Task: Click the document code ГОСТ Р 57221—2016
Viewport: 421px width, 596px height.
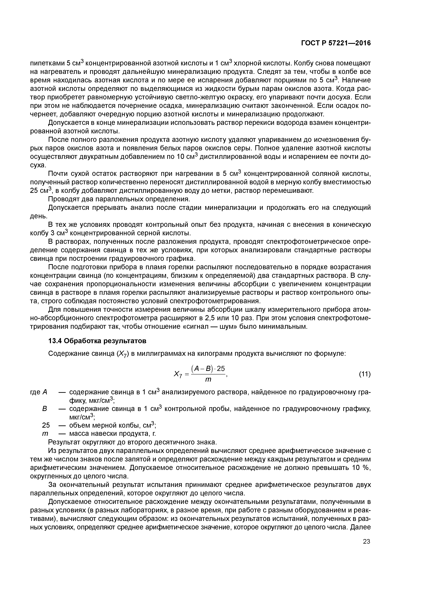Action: coord(336,43)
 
